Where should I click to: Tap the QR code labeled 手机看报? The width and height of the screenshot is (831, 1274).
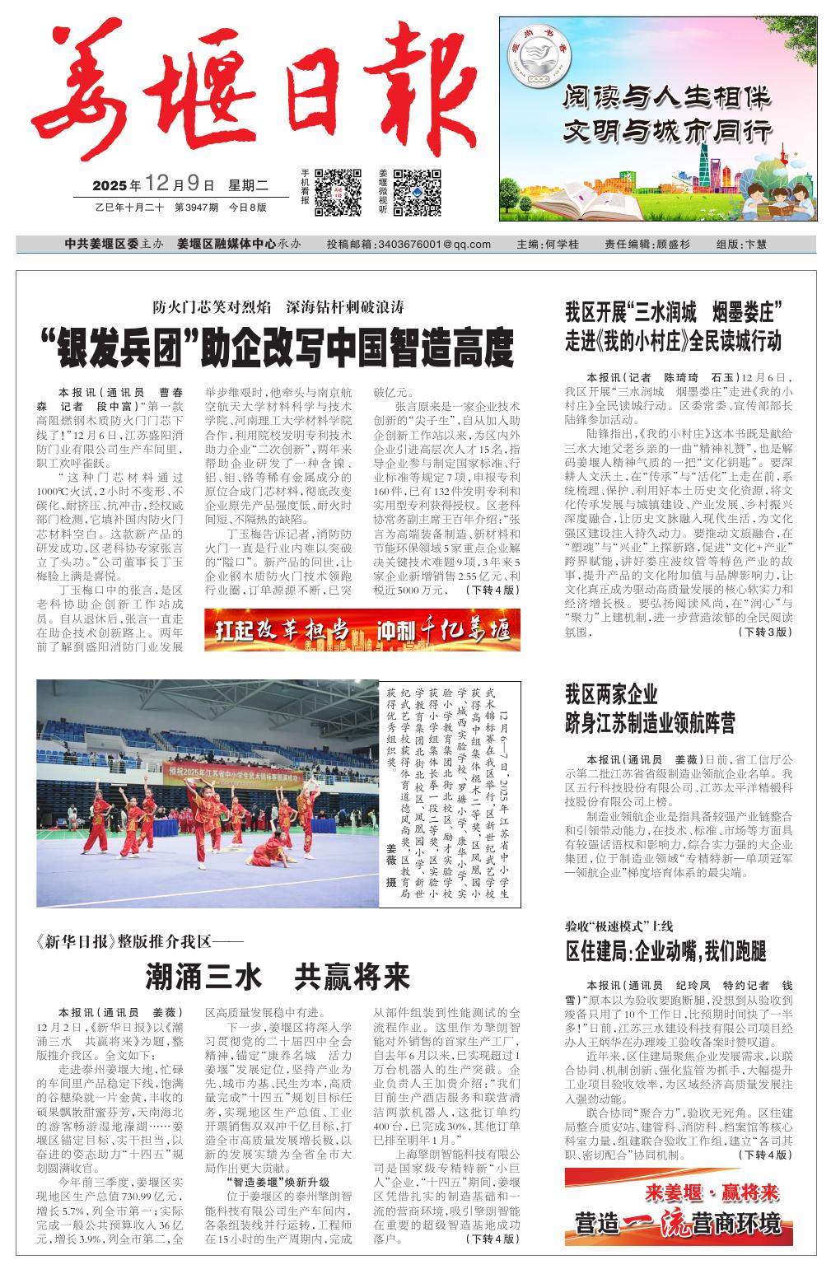tap(338, 192)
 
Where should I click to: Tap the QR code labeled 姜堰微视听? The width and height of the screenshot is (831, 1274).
tap(417, 192)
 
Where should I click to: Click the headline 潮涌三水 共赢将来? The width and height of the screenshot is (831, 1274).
tap(278, 978)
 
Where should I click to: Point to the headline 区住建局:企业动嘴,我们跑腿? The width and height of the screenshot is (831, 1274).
tap(665, 952)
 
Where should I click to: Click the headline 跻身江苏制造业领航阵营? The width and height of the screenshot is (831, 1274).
tap(650, 724)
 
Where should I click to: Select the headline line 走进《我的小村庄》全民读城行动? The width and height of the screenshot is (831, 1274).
tap(673, 340)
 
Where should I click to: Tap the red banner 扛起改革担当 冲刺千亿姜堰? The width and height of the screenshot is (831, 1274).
tap(362, 630)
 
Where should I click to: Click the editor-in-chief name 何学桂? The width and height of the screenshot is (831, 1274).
tap(563, 244)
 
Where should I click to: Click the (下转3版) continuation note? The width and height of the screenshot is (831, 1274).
tap(765, 632)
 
